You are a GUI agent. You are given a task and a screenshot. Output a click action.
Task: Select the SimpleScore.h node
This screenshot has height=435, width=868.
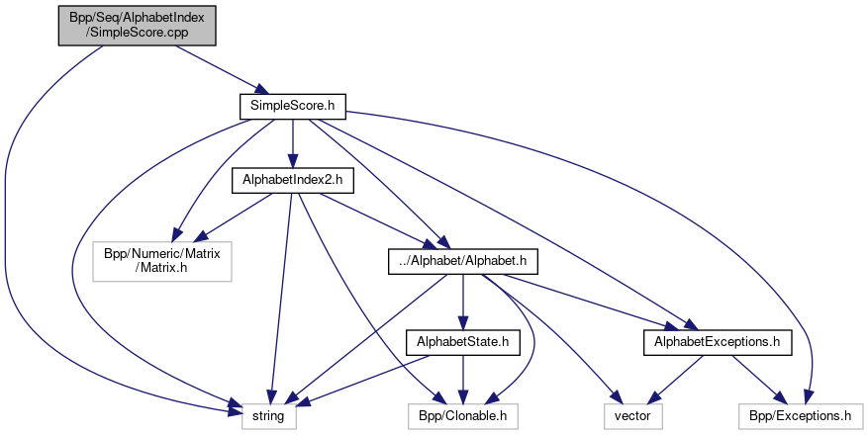click(291, 106)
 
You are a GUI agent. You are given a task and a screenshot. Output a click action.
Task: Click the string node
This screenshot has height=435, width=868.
click(267, 416)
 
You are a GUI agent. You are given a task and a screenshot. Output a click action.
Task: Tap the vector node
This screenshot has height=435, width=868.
click(631, 416)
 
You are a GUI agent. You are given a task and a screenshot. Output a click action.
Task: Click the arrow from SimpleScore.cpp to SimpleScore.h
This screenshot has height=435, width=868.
click(214, 66)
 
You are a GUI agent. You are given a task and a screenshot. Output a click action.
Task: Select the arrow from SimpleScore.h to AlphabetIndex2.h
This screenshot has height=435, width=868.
click(291, 143)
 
